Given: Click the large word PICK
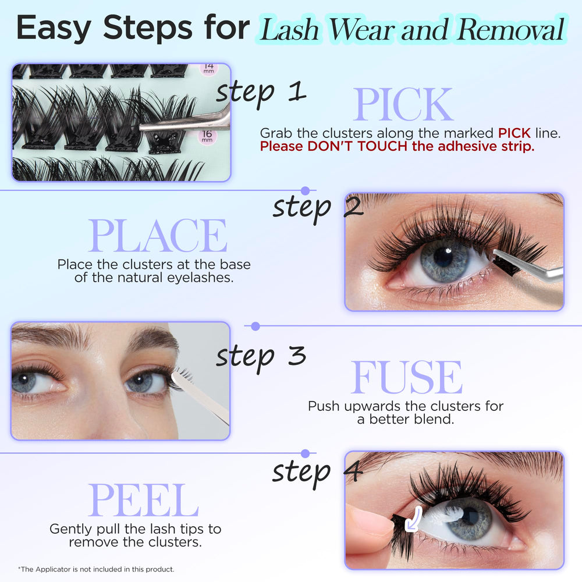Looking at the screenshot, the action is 403,104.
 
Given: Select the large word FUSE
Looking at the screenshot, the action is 406,377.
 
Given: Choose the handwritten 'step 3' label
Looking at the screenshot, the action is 261,357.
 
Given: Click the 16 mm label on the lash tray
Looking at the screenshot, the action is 207,136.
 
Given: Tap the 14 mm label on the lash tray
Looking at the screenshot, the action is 208,68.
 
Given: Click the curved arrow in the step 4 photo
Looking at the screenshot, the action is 413,519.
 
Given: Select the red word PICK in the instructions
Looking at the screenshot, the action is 514,133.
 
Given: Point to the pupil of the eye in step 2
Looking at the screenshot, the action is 443,257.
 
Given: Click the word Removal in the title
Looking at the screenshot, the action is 511,29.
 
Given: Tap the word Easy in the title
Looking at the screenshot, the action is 54,28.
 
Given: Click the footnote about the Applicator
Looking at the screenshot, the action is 96,569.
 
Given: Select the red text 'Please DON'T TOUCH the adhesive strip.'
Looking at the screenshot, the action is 397,146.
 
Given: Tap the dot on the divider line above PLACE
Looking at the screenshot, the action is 306,191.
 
